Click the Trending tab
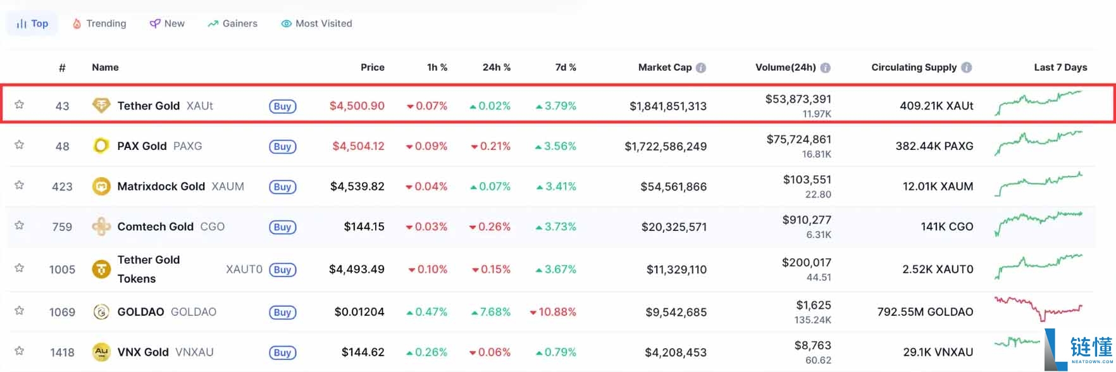[99, 23]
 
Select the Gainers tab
[232, 23]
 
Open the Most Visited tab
[316, 23]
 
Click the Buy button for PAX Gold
[283, 147]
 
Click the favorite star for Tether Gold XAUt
[20, 104]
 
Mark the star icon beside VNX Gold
[20, 350]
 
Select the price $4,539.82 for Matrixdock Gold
[357, 187]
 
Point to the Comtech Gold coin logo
[101, 226]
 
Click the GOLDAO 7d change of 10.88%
[553, 312]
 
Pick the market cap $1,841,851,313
[668, 106]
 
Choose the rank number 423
[62, 187]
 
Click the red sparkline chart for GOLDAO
[1038, 308]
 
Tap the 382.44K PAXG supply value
[934, 146]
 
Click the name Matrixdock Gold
[161, 187]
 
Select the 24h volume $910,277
[807, 220]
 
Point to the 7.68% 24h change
[491, 312]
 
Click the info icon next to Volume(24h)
[826, 68]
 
